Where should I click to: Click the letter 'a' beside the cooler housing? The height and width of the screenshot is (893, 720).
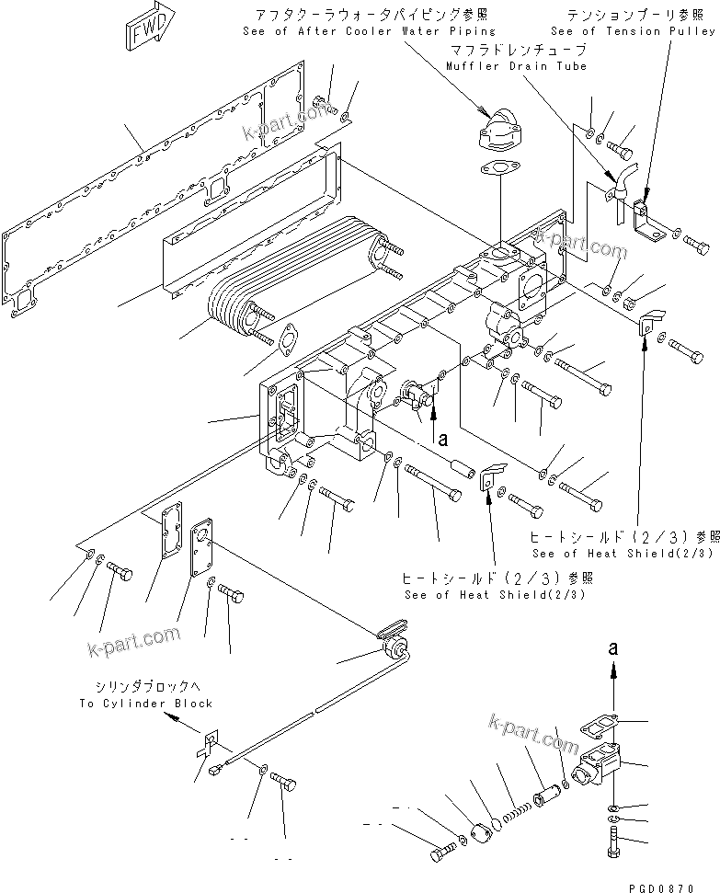pyautogui.click(x=442, y=441)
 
